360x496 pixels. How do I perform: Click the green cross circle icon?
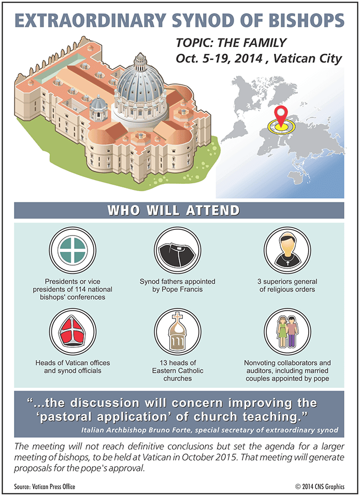73,250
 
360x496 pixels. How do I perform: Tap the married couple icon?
287,332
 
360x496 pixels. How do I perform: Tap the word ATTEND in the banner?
212,211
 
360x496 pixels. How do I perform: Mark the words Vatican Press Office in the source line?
53,487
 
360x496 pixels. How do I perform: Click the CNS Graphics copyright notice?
320,487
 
